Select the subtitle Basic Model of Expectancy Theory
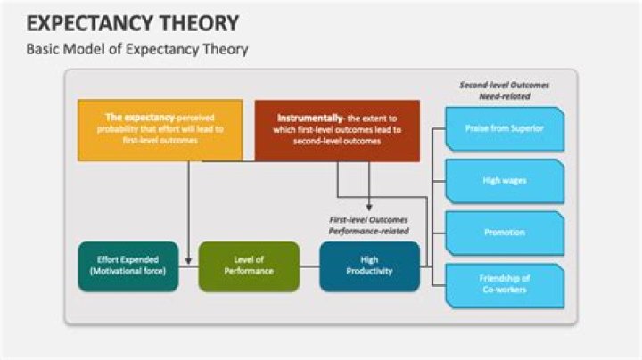[x=136, y=50]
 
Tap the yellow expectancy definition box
[x=159, y=129]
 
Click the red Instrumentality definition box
[x=337, y=129]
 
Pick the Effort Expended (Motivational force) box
[x=128, y=265]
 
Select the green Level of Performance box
[x=248, y=265]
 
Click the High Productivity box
[x=369, y=265]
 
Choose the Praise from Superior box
[x=503, y=128]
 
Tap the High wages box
[x=503, y=180]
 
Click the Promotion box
[x=503, y=233]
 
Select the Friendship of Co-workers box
[x=503, y=283]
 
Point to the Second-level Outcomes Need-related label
[x=504, y=91]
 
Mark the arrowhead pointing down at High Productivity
[x=369, y=208]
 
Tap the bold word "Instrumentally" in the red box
[x=305, y=117]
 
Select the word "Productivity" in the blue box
[x=369, y=271]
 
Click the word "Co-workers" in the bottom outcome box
[x=504, y=290]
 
